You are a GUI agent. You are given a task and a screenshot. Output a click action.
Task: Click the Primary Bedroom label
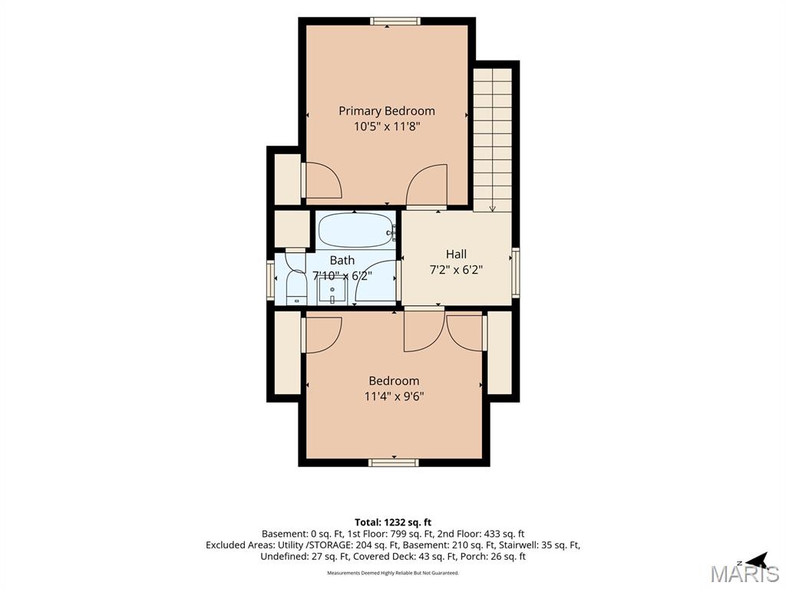[x=387, y=110]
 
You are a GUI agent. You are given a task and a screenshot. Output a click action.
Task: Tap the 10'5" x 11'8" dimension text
[x=387, y=127]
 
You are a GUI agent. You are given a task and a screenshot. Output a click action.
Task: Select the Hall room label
[x=456, y=254]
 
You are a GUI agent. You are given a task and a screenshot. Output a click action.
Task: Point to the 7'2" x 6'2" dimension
[x=456, y=270]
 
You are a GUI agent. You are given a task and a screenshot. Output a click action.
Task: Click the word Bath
[x=342, y=261]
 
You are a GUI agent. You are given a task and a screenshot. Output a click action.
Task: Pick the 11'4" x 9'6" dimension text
[x=394, y=397]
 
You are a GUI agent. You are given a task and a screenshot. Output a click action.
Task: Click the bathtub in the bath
[x=356, y=230]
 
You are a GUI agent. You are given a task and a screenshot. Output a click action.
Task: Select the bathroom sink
[x=332, y=291]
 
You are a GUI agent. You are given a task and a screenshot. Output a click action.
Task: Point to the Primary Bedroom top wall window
[x=395, y=21]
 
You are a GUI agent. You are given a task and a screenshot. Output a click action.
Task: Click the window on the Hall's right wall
[x=515, y=274]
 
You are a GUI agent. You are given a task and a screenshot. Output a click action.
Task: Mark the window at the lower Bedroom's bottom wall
[x=394, y=462]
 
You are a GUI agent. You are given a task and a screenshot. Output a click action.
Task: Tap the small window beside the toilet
[x=271, y=281]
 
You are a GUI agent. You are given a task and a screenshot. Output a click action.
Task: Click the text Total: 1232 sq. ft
[x=393, y=523]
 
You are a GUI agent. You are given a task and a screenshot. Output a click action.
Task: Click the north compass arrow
[x=758, y=559]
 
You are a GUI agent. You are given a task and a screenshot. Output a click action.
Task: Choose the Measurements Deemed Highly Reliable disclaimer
[x=393, y=572]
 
